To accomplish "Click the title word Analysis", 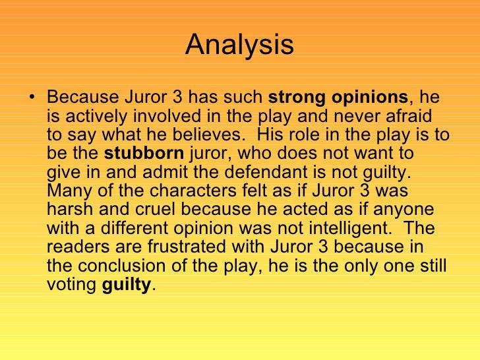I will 239,45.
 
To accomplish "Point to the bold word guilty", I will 127,285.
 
